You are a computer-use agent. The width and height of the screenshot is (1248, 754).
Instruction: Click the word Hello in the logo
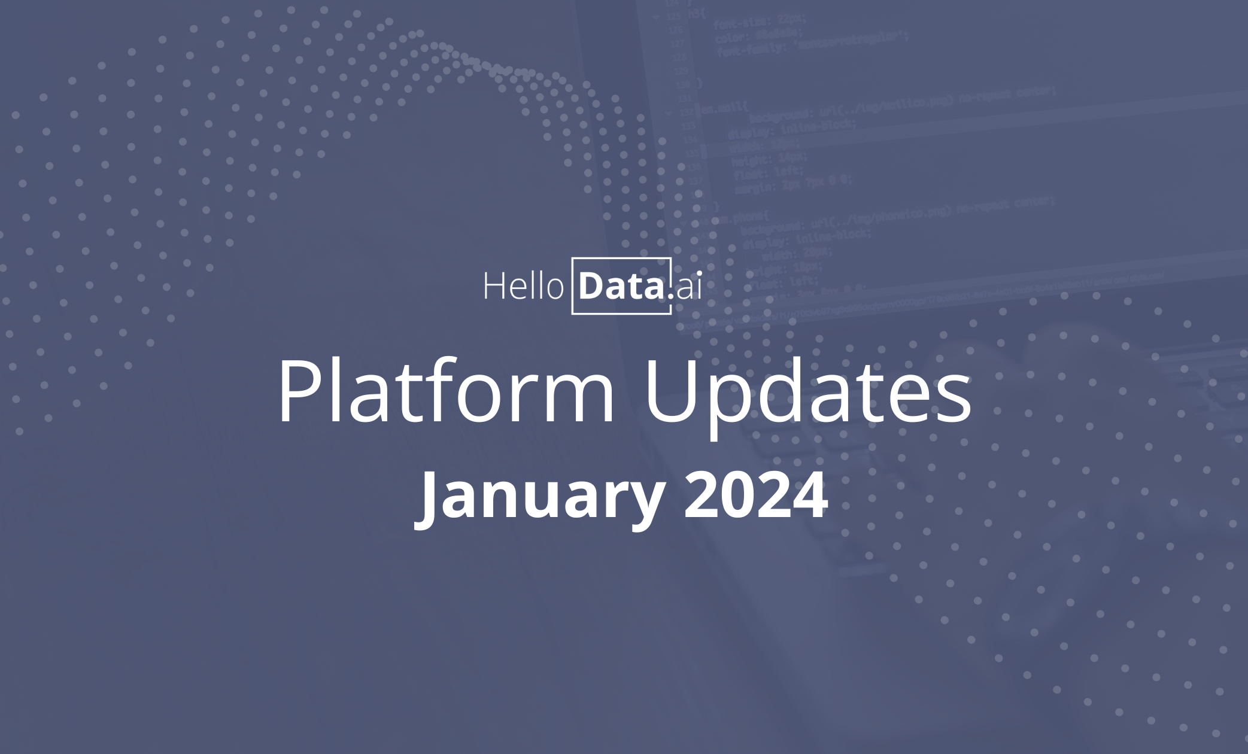[523, 286]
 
